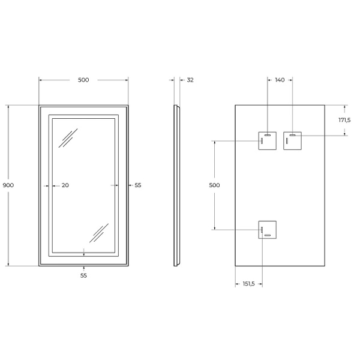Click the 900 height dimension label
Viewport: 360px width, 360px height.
[8, 185]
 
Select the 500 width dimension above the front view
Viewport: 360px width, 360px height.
[83, 80]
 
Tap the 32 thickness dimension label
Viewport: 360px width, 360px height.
[190, 80]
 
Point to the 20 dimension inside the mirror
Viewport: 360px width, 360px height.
[65, 185]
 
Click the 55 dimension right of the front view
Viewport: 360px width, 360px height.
[138, 185]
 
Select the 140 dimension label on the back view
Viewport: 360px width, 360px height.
[280, 80]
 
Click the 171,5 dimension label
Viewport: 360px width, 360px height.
[345, 121]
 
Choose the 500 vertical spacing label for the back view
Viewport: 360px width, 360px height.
[214, 185]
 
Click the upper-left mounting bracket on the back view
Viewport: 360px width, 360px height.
[266, 141]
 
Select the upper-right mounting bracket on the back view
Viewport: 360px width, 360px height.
[292, 141]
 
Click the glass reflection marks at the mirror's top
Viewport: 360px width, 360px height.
[67, 138]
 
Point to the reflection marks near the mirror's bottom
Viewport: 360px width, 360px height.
[99, 232]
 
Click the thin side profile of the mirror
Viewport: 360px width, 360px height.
[176, 185]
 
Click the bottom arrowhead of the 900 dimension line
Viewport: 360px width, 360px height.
[8, 263]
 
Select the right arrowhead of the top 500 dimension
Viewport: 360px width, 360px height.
[126, 80]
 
